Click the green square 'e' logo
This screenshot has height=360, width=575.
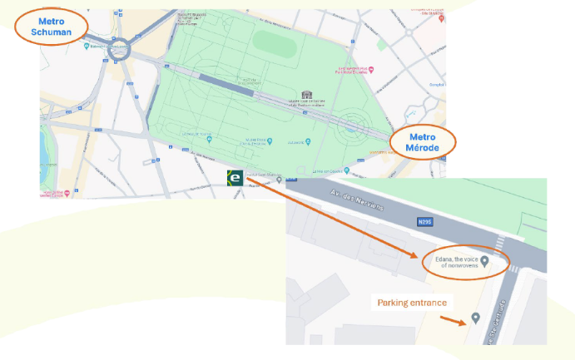pos(235,178)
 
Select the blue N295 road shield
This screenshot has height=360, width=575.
pos(424,222)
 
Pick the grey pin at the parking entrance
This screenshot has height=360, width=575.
pos(475,318)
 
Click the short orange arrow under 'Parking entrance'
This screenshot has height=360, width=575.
pos(452,319)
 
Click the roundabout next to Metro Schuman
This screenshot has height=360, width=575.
pos(123,51)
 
